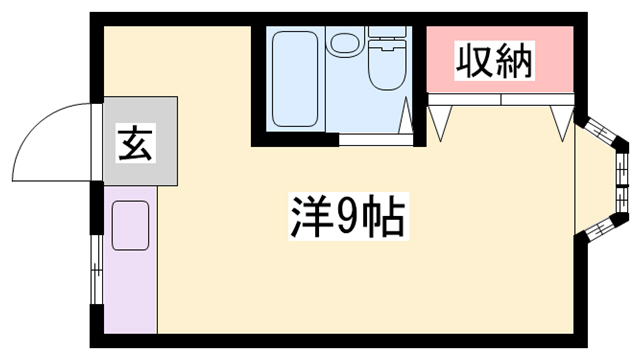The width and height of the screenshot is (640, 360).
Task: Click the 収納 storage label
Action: point(495,62)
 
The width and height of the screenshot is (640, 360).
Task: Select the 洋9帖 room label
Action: point(348,216)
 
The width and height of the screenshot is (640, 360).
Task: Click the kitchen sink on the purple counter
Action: point(129,225)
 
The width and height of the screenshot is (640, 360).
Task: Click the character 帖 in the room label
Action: point(385,216)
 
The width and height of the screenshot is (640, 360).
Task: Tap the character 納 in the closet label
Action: point(515,62)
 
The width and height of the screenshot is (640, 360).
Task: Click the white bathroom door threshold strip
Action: point(376,141)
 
